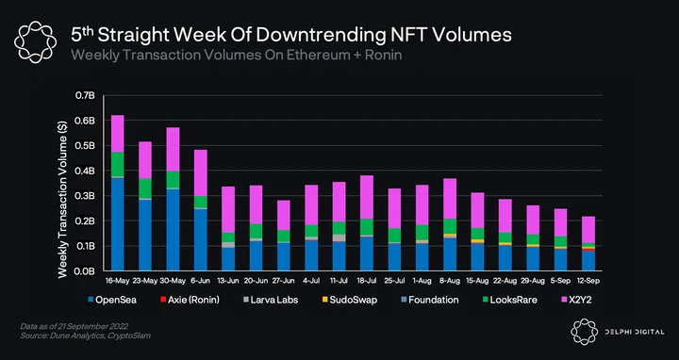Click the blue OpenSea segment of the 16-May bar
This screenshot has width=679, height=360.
tap(117, 224)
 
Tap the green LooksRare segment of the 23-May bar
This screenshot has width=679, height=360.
tap(145, 188)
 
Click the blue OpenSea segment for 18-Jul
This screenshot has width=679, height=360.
tap(366, 254)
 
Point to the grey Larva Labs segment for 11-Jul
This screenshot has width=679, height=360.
tap(339, 238)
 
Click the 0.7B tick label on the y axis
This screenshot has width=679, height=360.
tap(85, 95)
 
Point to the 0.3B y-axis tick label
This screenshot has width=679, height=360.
tap(85, 196)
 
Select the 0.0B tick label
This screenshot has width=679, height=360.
tap(85, 271)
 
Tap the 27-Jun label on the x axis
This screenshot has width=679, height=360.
tap(283, 281)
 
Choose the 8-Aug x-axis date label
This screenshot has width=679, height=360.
tap(450, 281)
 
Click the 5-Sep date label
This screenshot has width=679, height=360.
tap(560, 281)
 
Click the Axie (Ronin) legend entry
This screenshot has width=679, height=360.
tap(190, 300)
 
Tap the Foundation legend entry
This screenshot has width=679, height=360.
tap(430, 300)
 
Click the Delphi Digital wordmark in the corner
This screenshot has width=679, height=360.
tap(635, 332)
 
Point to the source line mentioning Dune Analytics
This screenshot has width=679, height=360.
tap(85, 335)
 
